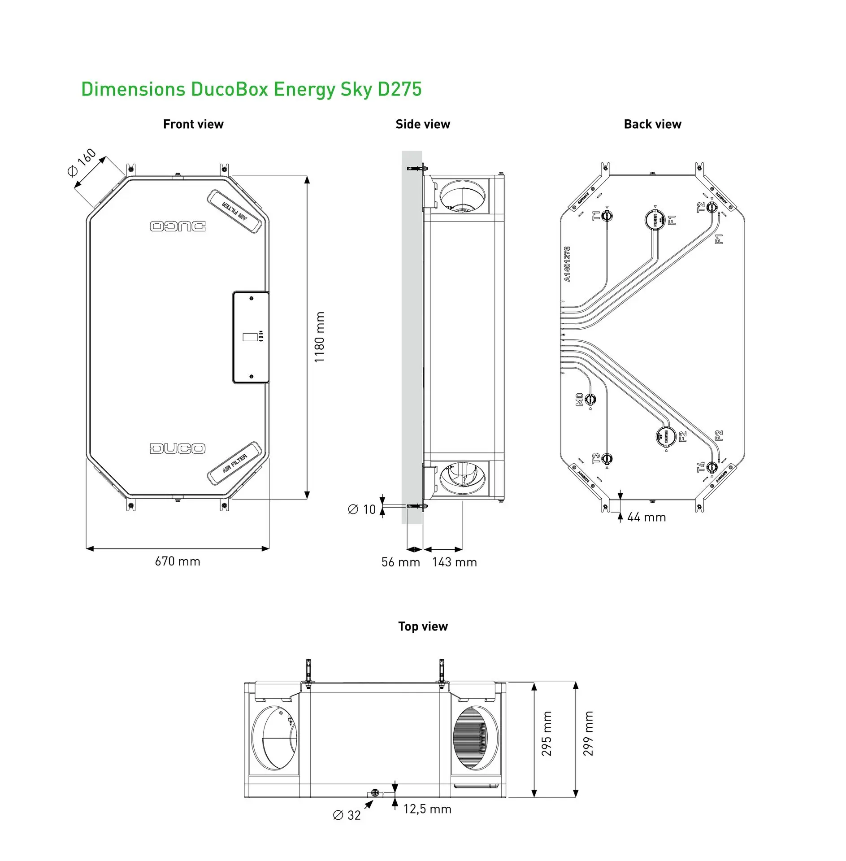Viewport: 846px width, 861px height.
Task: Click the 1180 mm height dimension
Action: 319,337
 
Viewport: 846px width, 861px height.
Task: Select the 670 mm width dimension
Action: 178,561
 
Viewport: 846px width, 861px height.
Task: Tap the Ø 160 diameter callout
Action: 82,162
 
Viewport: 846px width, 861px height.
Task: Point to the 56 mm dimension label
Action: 400,562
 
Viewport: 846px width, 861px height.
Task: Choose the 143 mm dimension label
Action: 454,562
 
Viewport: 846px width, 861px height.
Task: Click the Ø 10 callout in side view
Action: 362,509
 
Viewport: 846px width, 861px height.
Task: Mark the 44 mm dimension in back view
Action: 646,517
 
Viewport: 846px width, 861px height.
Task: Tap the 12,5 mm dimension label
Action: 427,809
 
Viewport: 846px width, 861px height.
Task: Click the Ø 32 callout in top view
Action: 347,815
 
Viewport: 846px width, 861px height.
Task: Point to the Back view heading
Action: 652,124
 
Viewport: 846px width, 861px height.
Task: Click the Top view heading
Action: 423,626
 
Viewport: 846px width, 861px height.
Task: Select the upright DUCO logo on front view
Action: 178,448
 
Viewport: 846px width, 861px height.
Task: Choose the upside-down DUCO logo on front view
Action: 178,226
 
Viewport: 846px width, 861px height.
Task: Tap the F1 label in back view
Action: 672,220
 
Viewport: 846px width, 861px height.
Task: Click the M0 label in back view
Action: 579,399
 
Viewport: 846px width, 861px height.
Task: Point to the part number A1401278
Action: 567,264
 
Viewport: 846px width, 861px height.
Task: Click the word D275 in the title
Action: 399,89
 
